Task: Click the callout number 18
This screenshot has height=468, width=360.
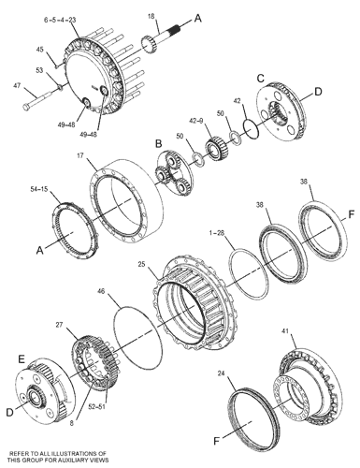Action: (151, 16)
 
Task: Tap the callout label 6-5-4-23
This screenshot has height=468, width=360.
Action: (60, 21)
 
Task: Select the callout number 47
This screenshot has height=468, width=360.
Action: (18, 85)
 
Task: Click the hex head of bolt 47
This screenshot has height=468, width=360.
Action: (26, 107)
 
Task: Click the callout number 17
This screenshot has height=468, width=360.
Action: (80, 155)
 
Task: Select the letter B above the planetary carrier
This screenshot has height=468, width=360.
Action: (159, 144)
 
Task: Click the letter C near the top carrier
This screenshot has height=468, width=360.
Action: (261, 79)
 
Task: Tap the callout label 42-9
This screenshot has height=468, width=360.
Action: (197, 121)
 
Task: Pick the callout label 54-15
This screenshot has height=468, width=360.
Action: (39, 189)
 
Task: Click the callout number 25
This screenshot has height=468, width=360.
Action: (142, 265)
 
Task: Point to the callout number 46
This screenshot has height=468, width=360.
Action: (102, 291)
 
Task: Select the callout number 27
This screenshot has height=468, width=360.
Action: (59, 325)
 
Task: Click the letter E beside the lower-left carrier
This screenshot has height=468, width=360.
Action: (22, 359)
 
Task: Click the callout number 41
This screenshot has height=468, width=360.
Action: (285, 330)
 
